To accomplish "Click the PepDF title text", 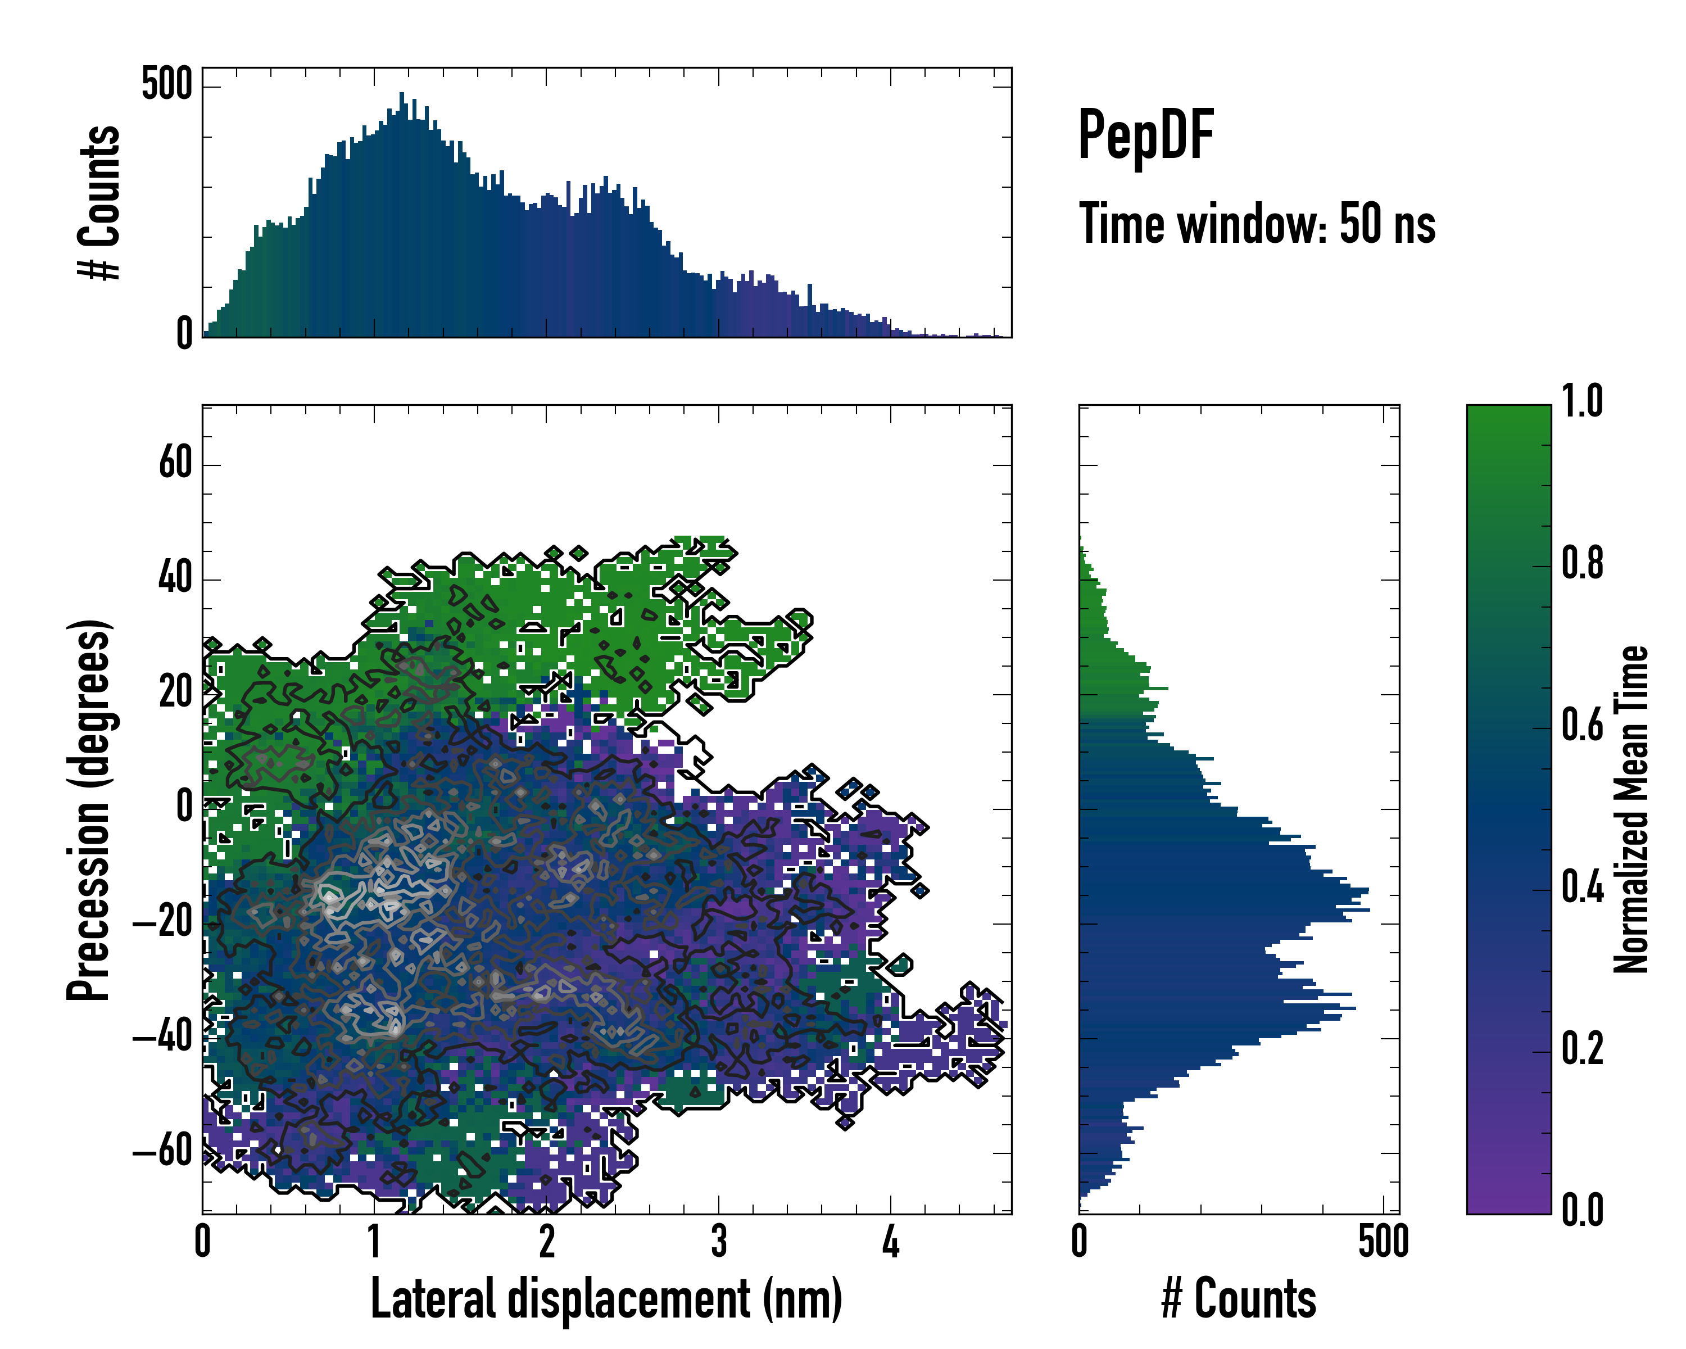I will pos(1145,136).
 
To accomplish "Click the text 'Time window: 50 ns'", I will pos(1257,224).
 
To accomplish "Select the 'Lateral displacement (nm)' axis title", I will pos(606,1298).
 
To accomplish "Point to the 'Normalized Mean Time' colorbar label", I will pos(1631,809).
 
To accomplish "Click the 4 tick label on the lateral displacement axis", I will pos(891,1241).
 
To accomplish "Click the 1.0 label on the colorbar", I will pos(1582,401).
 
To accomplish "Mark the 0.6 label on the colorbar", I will pos(1582,725).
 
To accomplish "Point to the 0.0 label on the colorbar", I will pos(1582,1210).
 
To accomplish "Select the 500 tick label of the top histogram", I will pos(166,84).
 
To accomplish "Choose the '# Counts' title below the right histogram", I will pos(1239,1298).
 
